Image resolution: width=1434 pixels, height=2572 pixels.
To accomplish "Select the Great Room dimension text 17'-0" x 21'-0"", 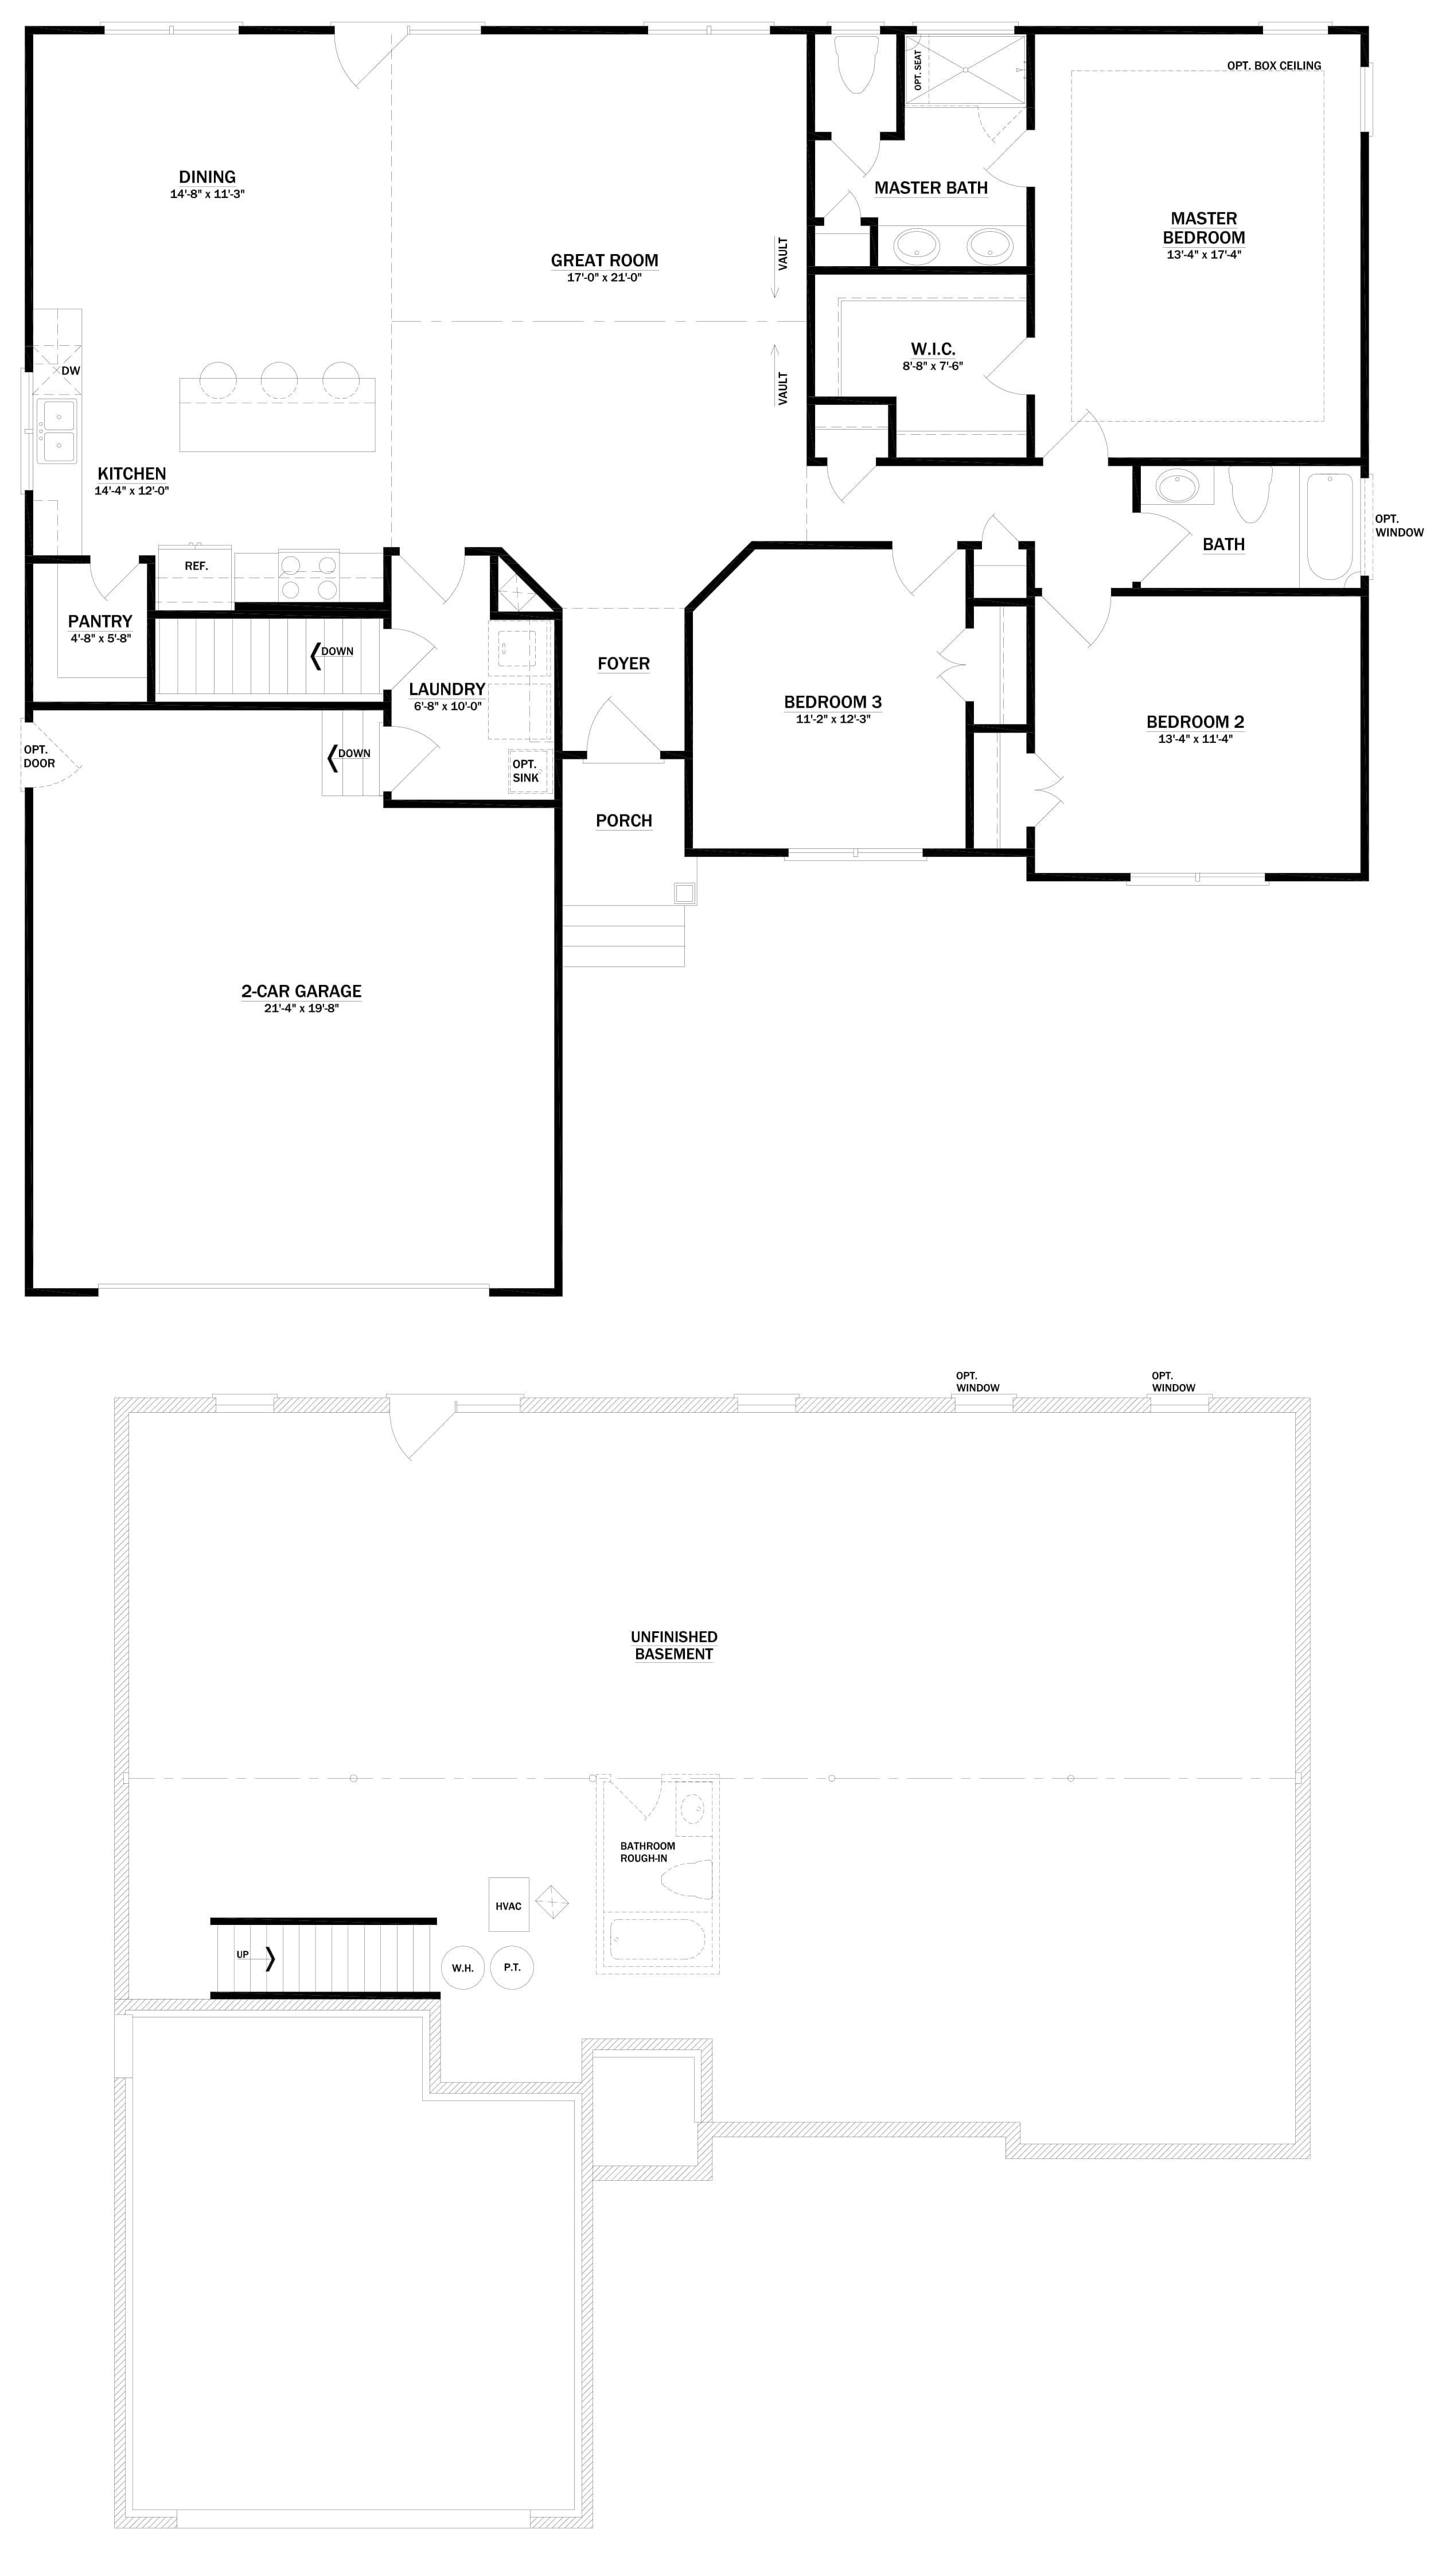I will coord(604,278).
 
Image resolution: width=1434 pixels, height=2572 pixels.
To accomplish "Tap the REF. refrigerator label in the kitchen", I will coord(196,566).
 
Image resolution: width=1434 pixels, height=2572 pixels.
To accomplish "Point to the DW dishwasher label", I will coord(70,371).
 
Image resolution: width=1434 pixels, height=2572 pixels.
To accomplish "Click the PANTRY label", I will coord(100,621).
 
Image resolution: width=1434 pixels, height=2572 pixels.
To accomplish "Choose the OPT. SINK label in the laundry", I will coord(525,771).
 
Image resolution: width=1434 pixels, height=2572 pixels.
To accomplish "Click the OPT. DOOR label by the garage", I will coord(39,757).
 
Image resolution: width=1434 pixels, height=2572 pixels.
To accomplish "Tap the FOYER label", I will coord(623,664).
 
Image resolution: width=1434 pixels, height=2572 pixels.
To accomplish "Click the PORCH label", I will coord(623,821).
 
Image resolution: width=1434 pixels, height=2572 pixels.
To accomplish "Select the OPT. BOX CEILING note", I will coord(1273,66).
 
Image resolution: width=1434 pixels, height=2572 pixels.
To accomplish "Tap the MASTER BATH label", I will coord(931,188).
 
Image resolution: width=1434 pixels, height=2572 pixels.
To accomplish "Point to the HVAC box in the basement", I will coord(508,1905).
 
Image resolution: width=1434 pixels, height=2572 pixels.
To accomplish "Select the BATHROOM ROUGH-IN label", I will coord(647,1852).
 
